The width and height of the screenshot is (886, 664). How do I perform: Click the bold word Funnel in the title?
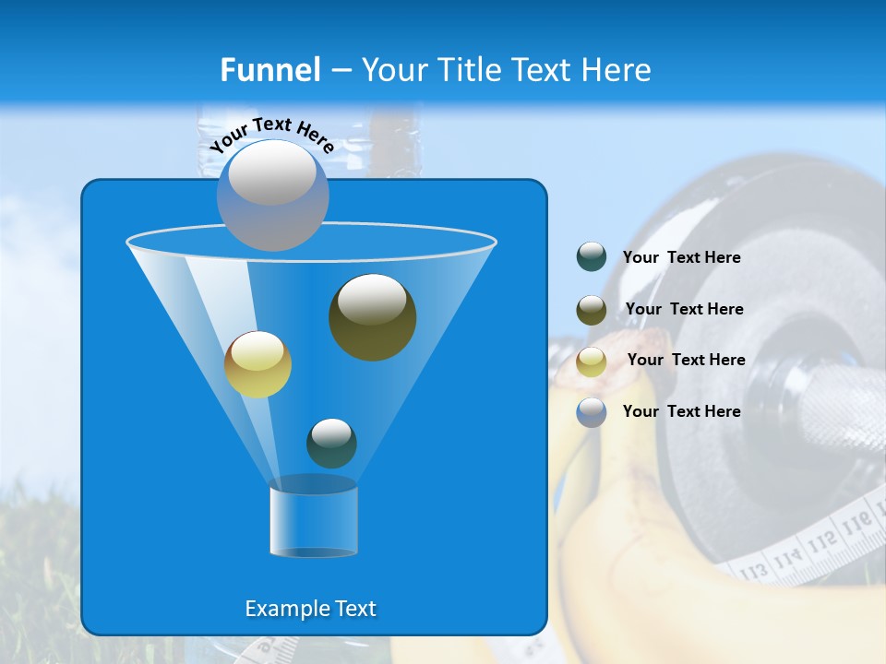[x=270, y=70]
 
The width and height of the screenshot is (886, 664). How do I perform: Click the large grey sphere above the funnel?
[x=272, y=195]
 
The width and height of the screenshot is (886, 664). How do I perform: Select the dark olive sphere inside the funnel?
[x=372, y=316]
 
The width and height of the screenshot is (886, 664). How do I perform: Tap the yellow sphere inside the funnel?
[x=257, y=364]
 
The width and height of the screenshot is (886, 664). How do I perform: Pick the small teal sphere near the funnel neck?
[x=331, y=443]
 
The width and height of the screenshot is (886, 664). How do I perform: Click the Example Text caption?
[x=310, y=609]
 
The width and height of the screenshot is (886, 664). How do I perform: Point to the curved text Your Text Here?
[x=271, y=134]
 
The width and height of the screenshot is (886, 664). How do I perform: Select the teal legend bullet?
[x=592, y=256]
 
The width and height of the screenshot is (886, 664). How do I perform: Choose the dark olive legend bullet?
[x=592, y=309]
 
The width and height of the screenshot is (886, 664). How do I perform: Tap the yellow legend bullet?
[x=592, y=361]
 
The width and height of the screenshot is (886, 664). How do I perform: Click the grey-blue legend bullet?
[x=592, y=411]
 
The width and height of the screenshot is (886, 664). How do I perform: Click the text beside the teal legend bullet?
[x=681, y=257]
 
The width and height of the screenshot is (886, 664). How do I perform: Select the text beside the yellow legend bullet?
[x=686, y=360]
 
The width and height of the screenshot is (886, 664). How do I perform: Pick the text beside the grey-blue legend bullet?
[x=681, y=411]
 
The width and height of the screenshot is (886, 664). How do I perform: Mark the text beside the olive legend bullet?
[x=684, y=309]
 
